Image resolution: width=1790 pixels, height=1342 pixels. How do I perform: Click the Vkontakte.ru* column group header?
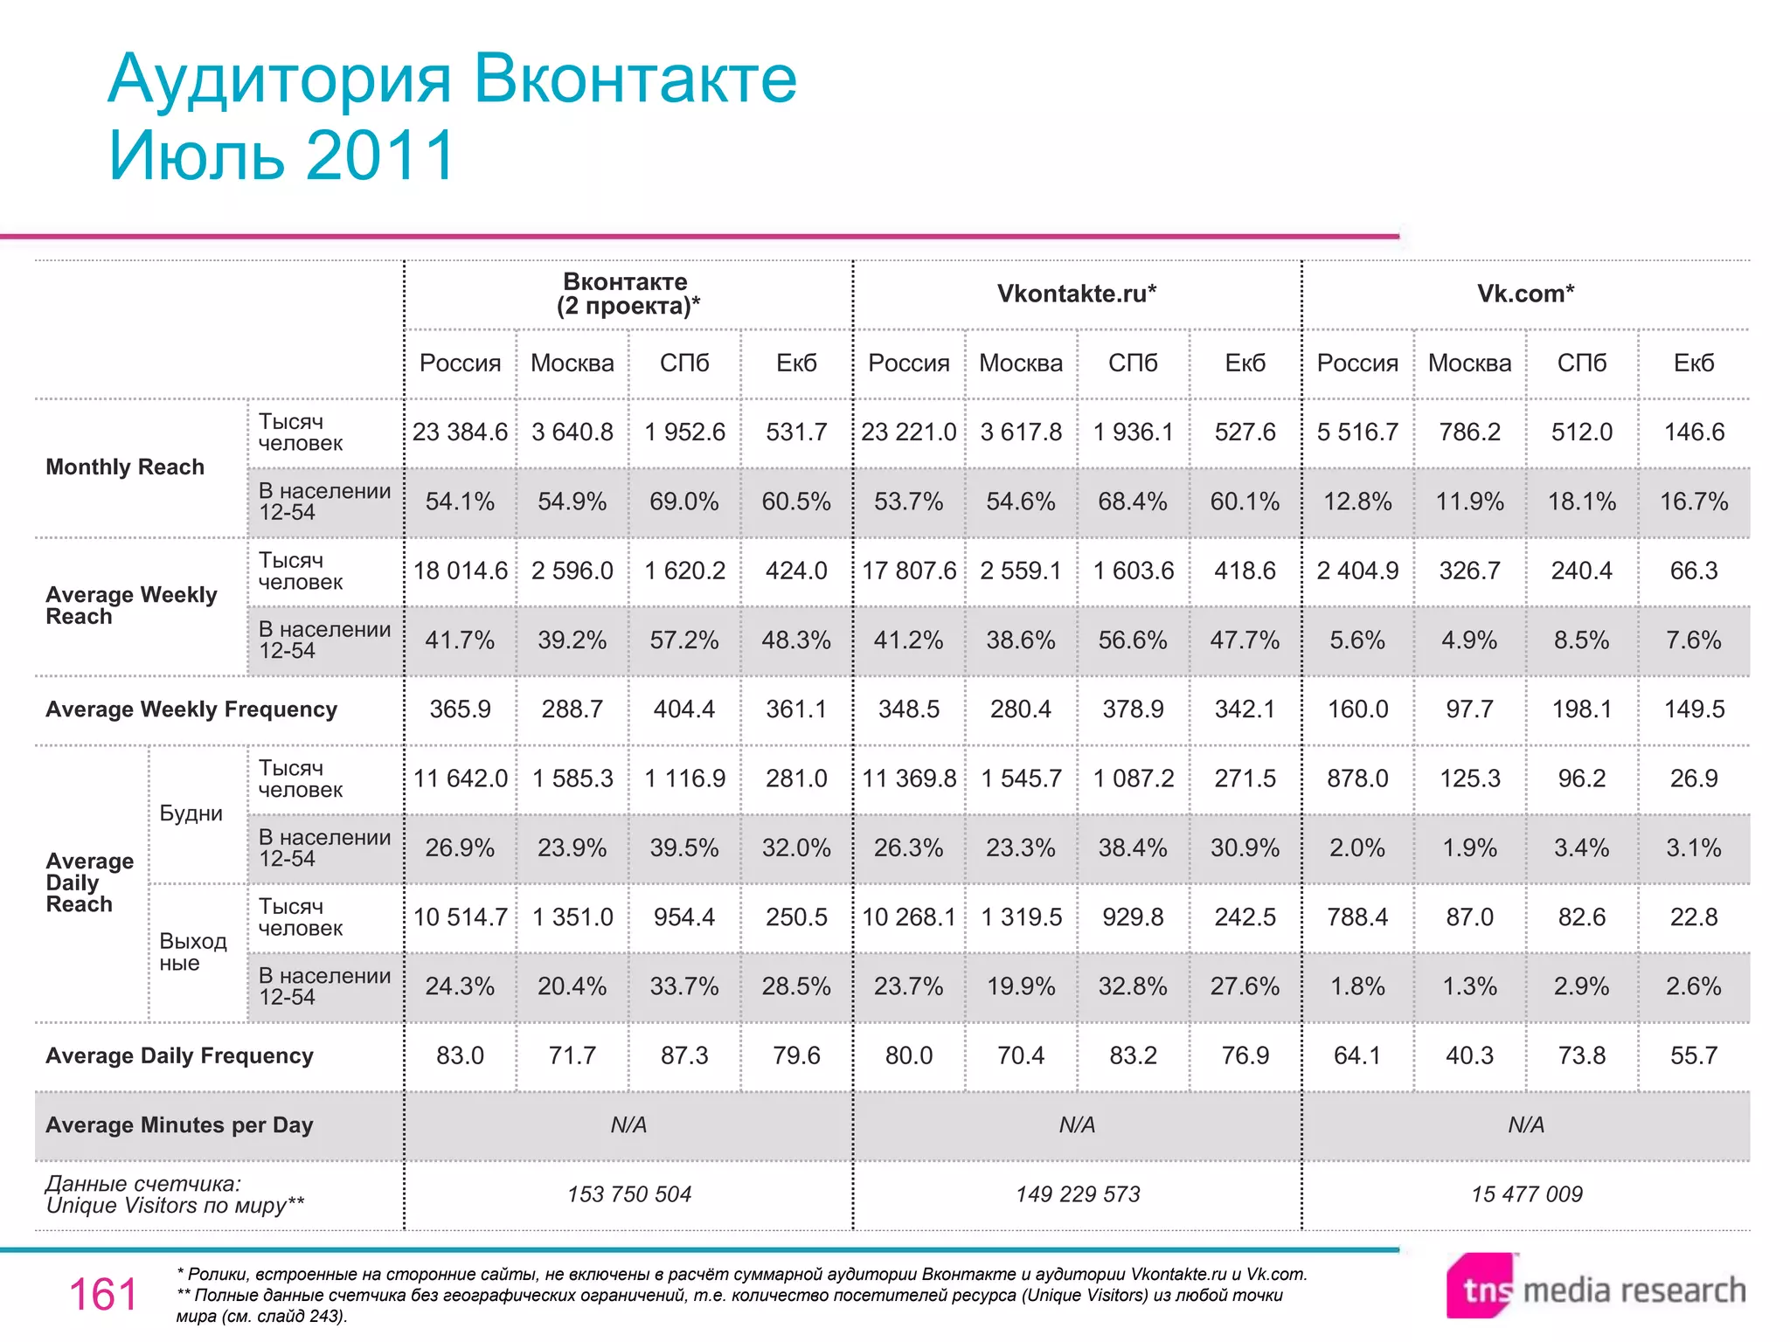tap(1077, 294)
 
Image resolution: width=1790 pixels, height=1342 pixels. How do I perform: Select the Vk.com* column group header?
tap(1525, 294)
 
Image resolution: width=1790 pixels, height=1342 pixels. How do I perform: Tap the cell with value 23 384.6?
tap(460, 432)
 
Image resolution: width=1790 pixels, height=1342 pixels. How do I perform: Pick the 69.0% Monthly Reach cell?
tap(683, 502)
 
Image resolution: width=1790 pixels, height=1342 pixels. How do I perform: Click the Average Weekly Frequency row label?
tap(191, 709)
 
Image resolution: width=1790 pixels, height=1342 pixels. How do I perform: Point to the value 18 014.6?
tap(460, 571)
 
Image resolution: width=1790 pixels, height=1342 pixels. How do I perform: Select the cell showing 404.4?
tap(683, 709)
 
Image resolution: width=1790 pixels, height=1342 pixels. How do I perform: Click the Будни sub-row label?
tap(191, 813)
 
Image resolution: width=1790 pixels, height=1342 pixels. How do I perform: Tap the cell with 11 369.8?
tap(909, 778)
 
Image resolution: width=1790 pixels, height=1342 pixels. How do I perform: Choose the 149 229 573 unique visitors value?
tap(1078, 1194)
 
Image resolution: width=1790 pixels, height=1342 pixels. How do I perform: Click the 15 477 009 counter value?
tap(1526, 1194)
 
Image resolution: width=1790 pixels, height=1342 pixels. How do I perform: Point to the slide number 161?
tap(103, 1294)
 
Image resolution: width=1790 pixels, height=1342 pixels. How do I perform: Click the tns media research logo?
tap(1596, 1288)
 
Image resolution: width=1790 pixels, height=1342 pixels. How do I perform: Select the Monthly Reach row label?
tap(125, 467)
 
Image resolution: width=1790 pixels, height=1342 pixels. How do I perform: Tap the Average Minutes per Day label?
tap(179, 1125)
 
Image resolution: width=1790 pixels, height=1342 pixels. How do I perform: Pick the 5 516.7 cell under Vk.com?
tap(1357, 432)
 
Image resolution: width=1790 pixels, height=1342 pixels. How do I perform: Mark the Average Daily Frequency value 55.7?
tap(1693, 1055)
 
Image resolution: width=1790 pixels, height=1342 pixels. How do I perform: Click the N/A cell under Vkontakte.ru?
tap(1077, 1125)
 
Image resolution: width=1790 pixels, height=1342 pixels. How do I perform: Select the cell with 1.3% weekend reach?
tap(1469, 986)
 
